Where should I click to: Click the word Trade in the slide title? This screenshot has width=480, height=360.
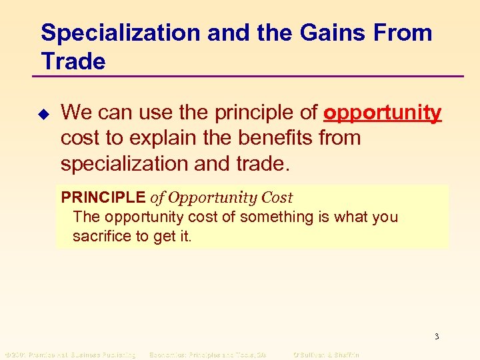tap(73, 61)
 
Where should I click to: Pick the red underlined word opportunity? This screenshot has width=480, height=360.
tap(382, 113)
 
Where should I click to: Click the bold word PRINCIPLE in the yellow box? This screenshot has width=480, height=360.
tap(103, 198)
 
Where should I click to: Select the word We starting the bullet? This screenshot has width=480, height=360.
tap(74, 113)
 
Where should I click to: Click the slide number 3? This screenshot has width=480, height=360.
tap(437, 337)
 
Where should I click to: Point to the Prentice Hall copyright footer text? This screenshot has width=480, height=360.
tap(69, 355)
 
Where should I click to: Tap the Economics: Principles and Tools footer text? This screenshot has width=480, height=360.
tap(207, 355)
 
